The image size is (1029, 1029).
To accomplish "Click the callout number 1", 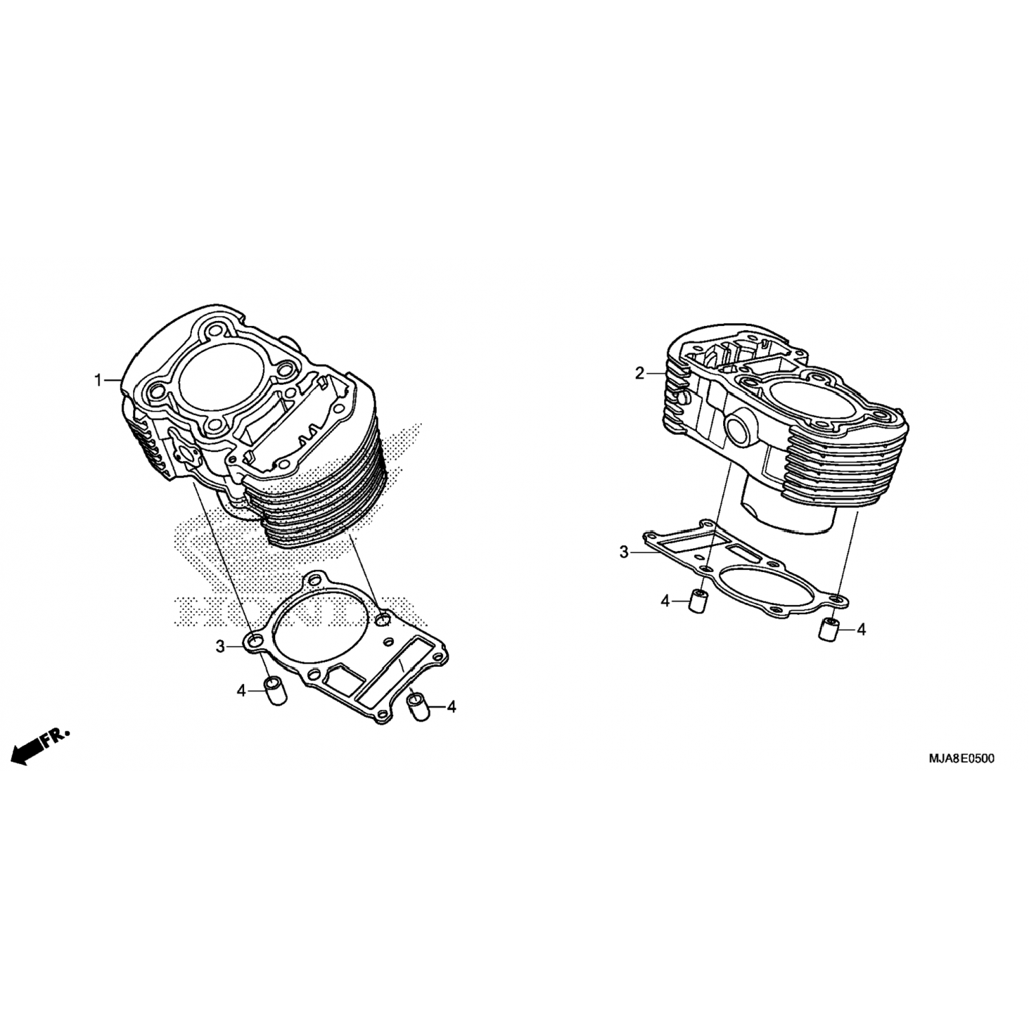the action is tap(98, 380).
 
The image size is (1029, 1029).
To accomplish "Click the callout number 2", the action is tap(639, 374).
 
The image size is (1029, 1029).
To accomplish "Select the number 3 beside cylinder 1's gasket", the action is tap(220, 646).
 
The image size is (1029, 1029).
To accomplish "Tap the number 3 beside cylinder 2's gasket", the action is tap(624, 552).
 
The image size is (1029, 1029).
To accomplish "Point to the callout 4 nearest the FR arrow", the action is tap(241, 691).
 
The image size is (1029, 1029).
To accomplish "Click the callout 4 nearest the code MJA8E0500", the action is tap(861, 629).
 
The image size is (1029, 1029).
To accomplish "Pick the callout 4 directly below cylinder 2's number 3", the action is tap(665, 602).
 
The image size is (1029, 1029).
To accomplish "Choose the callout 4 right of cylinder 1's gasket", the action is tap(451, 707).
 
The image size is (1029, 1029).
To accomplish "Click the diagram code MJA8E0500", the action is tap(957, 759).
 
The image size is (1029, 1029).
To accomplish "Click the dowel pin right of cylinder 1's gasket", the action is tap(418, 707).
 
